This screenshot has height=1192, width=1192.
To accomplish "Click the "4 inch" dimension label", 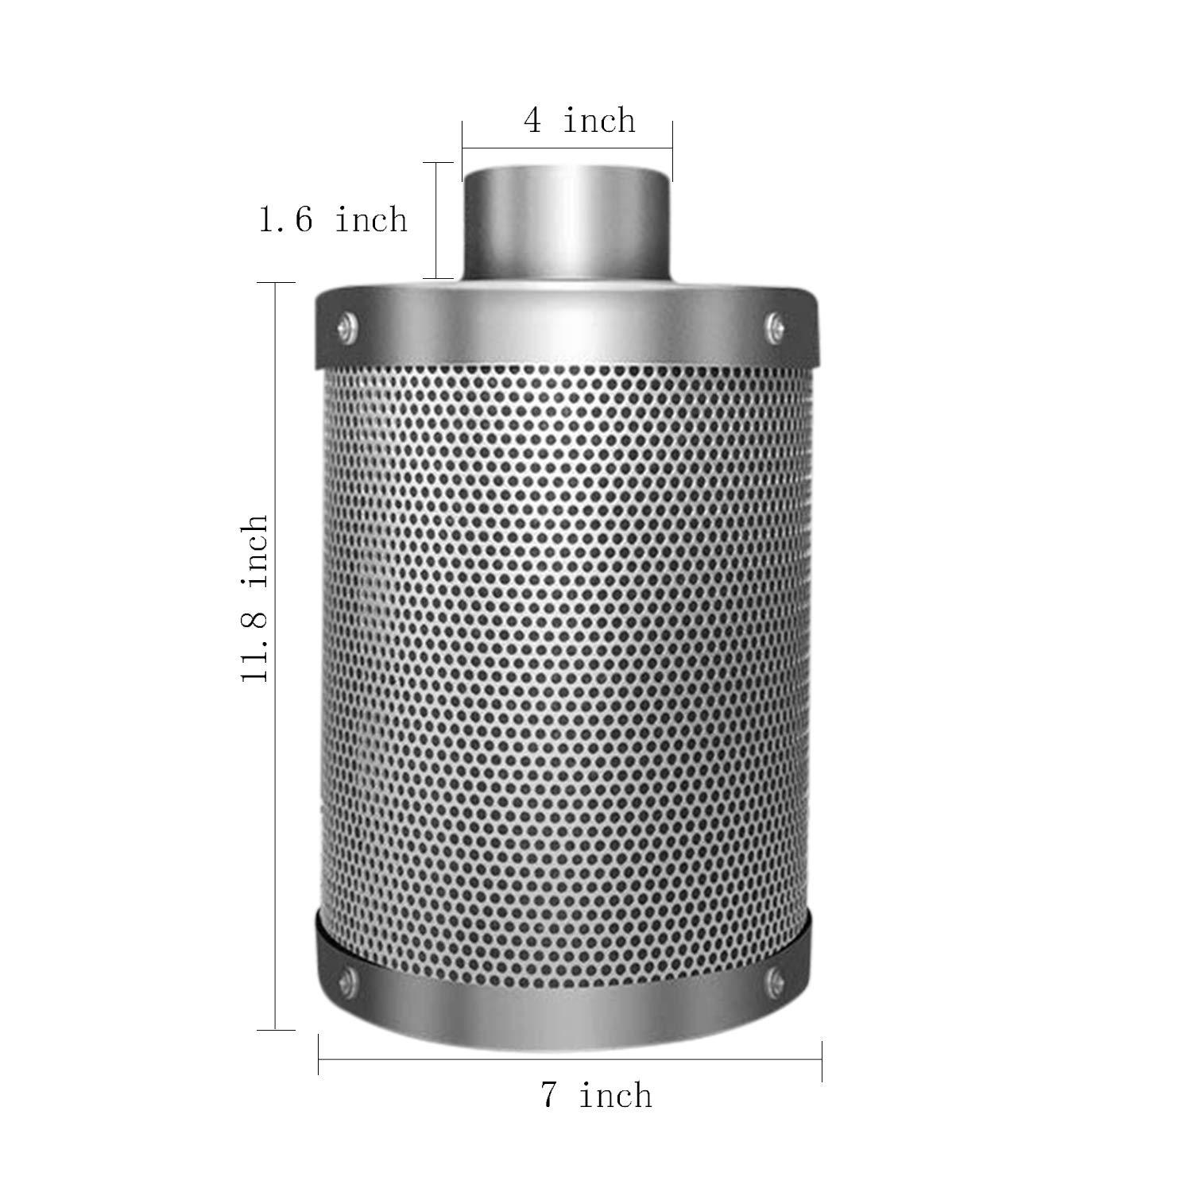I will [579, 121].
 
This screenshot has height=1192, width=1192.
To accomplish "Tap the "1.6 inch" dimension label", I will [333, 219].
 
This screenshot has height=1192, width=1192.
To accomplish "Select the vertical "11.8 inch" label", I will [256, 598].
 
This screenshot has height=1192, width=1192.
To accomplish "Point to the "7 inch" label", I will [597, 1095].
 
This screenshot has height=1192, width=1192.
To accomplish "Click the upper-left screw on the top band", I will [346, 324].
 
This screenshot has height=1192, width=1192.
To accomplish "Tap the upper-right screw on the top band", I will [774, 324].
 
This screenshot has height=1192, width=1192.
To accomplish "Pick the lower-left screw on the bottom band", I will [346, 979].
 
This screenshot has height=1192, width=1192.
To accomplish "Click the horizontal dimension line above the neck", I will [567, 146].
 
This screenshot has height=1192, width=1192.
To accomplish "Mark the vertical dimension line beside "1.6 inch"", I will [436, 220].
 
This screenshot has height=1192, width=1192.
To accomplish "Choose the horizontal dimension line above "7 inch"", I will [569, 1059].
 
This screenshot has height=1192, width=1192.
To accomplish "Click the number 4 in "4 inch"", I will [532, 122].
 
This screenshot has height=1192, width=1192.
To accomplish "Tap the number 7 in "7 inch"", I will [550, 1096].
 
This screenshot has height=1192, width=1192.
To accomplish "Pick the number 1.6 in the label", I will [286, 220].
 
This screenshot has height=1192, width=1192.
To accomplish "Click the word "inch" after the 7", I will [615, 1095].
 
